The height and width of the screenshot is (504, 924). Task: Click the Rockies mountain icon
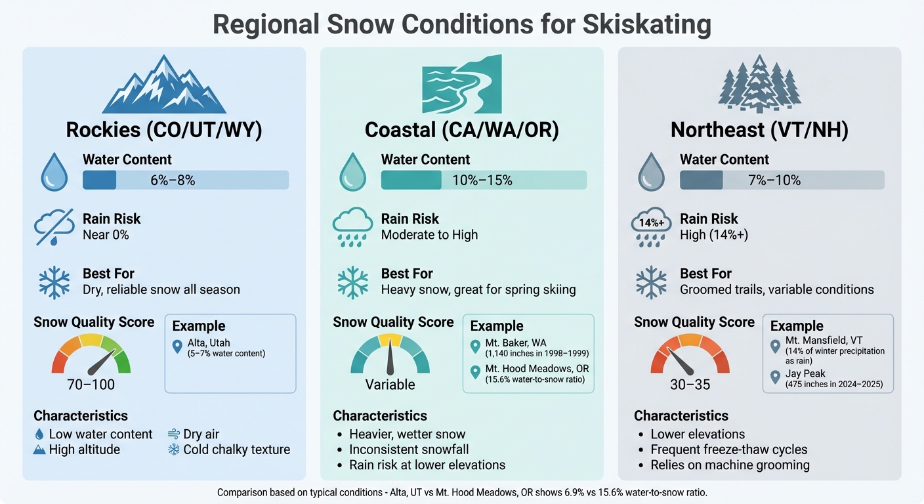164,85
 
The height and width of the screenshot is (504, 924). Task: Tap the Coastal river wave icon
461,85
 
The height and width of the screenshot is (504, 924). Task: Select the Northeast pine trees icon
759,83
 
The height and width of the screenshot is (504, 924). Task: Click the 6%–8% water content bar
186,180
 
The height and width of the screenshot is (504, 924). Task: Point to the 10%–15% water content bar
484,180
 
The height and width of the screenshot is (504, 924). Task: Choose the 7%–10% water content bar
782,180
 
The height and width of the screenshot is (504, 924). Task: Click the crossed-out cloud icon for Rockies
54,227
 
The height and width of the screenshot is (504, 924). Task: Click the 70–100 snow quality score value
91,385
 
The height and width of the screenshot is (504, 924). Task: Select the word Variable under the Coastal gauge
390,385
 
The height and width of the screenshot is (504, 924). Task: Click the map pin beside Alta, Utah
177,346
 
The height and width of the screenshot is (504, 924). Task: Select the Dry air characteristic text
201,434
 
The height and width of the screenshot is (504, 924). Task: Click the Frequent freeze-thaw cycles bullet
728,450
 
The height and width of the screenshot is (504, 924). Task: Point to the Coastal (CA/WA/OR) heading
462,130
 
